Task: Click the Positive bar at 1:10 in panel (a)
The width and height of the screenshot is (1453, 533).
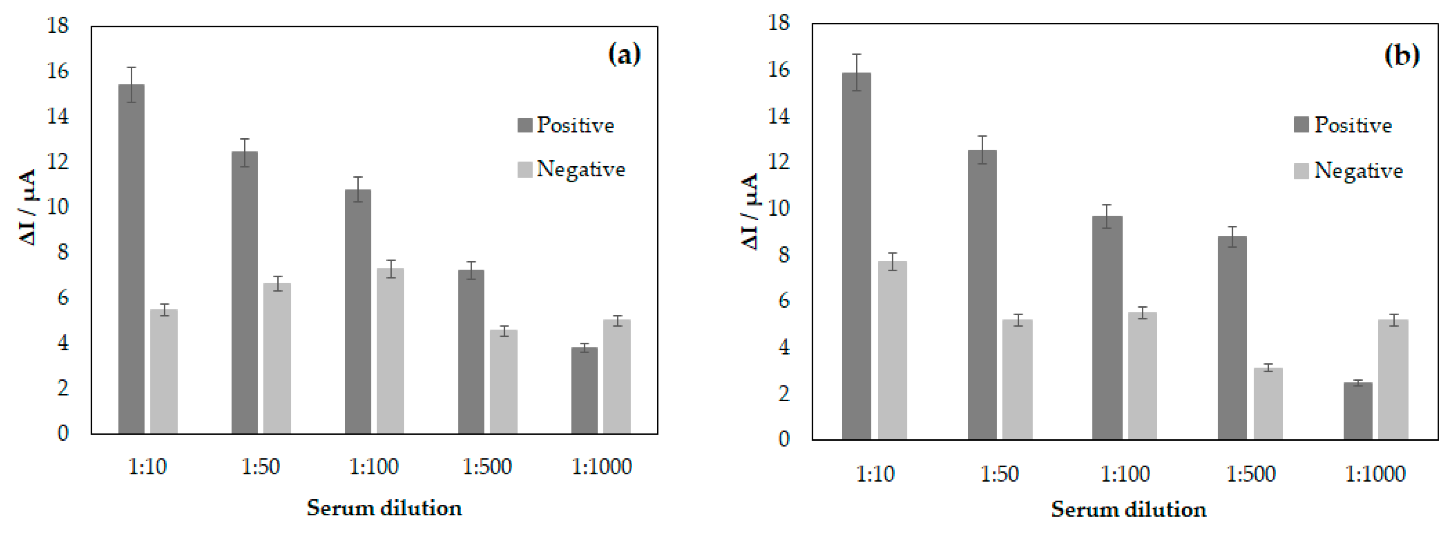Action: (131, 259)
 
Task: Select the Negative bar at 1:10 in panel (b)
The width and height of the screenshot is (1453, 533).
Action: (893, 350)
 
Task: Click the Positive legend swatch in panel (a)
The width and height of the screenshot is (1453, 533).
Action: (525, 125)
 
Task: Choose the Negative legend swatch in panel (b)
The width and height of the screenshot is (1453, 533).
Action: (1301, 171)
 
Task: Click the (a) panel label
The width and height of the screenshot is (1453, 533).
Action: (624, 55)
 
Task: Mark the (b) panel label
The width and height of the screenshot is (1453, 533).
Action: (1402, 55)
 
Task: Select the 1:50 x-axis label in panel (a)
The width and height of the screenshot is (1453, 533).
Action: (261, 467)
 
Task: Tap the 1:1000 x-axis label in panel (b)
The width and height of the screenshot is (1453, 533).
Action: (1375, 474)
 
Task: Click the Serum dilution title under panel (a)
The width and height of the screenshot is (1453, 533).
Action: (384, 508)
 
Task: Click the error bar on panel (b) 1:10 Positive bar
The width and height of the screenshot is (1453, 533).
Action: (856, 72)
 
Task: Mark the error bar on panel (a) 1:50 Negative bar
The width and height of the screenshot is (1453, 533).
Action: (277, 283)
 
